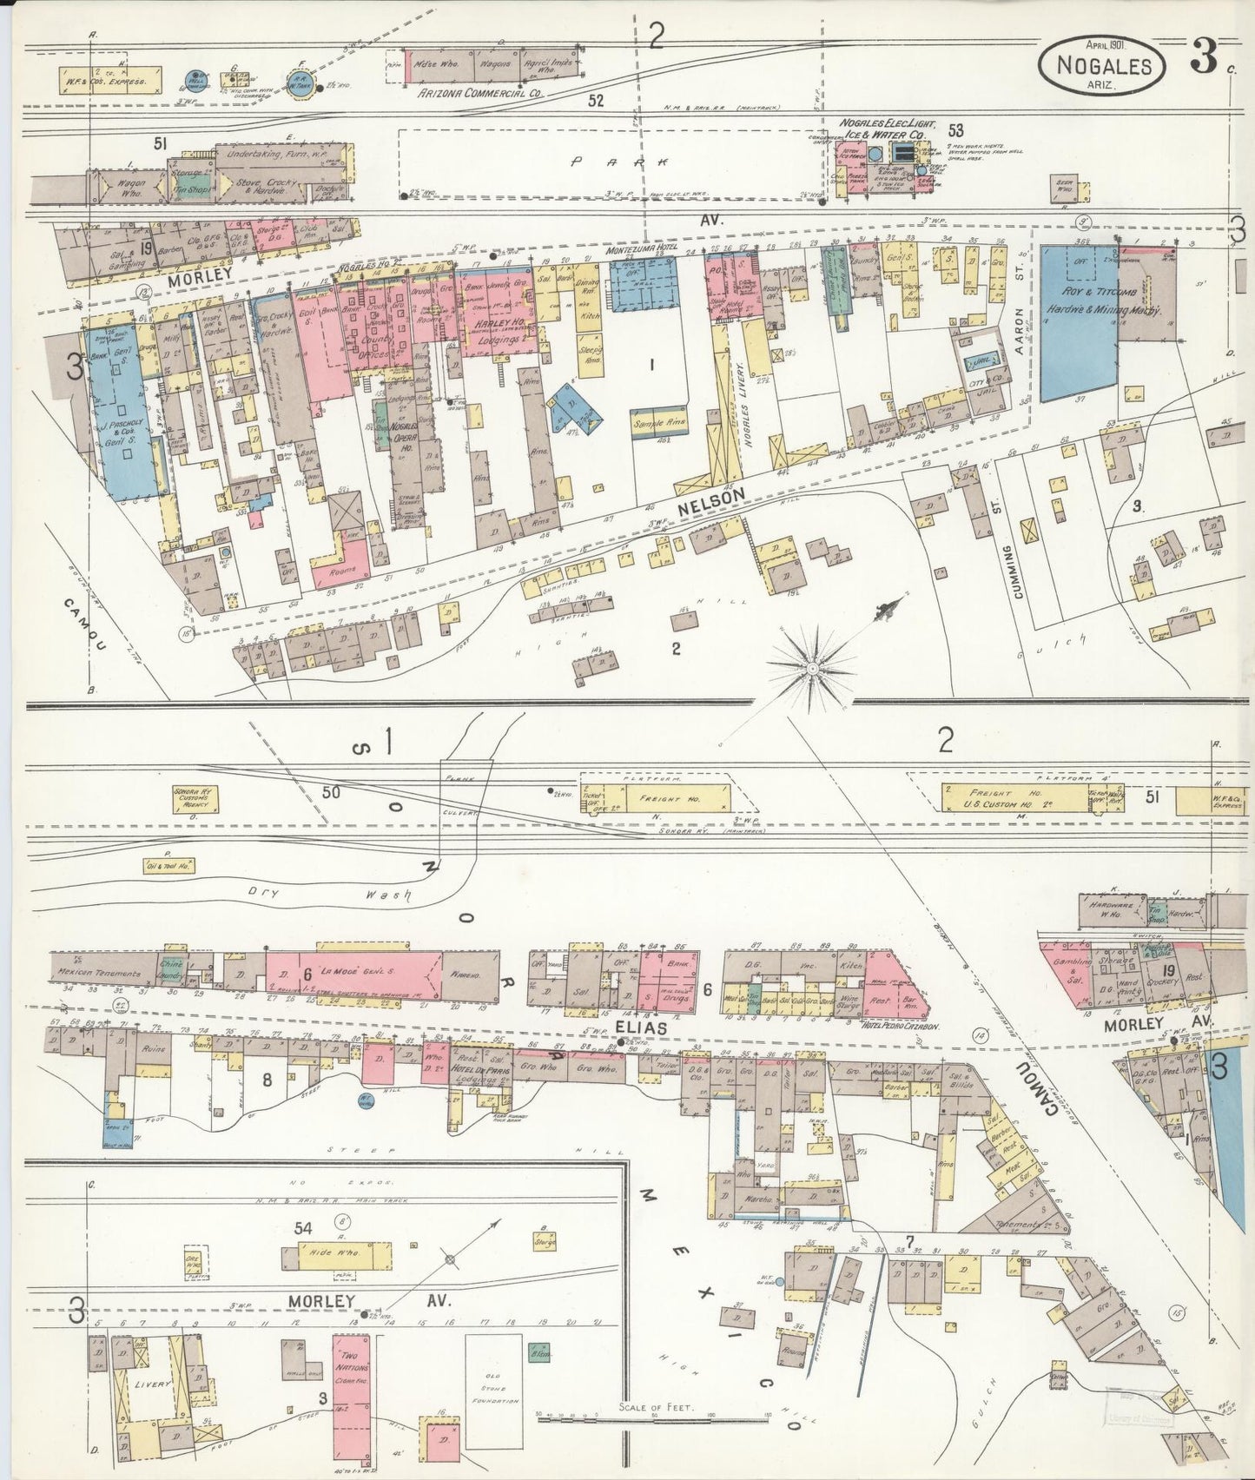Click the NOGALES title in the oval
1105,65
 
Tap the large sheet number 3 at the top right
1204,59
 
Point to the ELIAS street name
642,1027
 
